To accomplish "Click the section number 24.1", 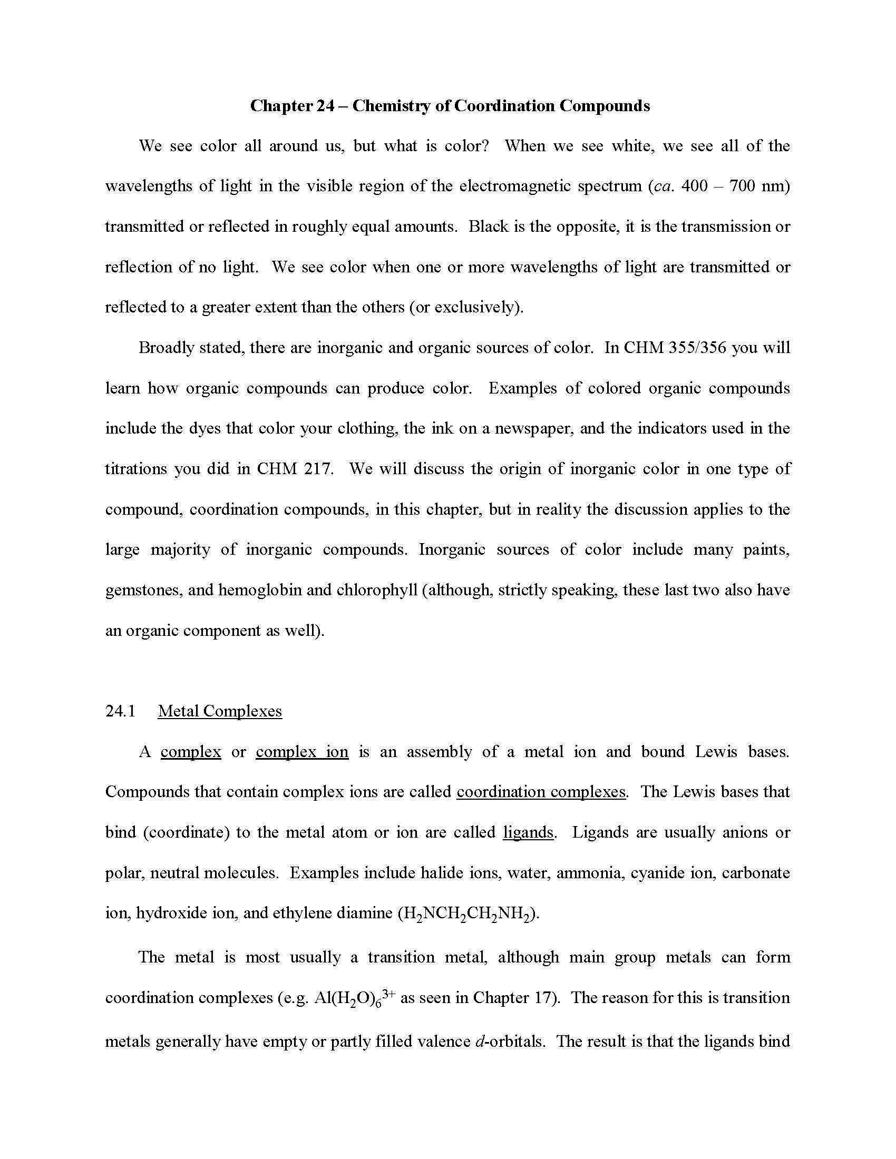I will pyautogui.click(x=121, y=711).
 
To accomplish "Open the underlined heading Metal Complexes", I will pyautogui.click(x=220, y=711).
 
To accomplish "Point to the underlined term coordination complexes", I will pyautogui.click(x=541, y=792).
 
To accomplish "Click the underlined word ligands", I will pyautogui.click(x=528, y=832).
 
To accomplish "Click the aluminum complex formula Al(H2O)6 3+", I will pyautogui.click(x=354, y=998).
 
